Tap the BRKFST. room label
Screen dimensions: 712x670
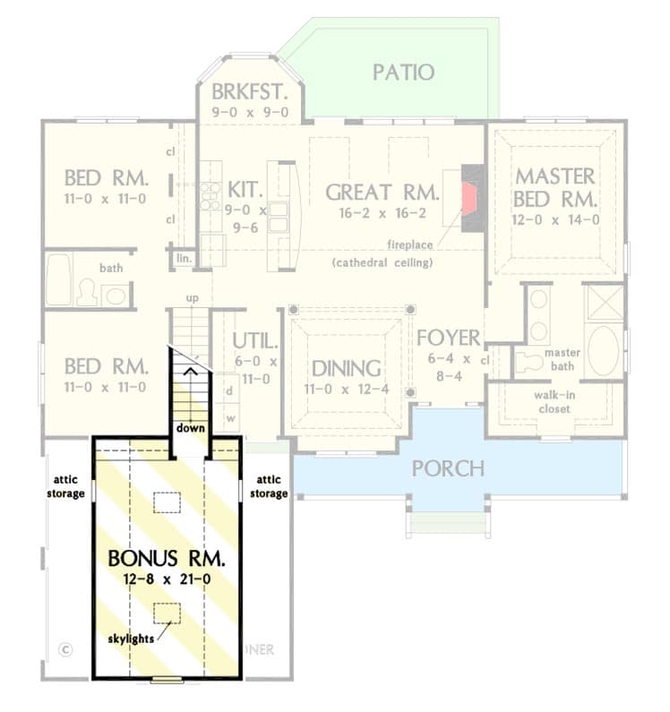[x=250, y=92]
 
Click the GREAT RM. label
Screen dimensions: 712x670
[x=382, y=192]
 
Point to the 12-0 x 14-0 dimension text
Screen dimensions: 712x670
[x=555, y=219]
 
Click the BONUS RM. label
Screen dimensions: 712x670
[x=167, y=558]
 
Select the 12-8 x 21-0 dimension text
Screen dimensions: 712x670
[x=167, y=579]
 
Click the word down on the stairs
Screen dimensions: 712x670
[x=190, y=428]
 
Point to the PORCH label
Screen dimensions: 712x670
[x=448, y=468]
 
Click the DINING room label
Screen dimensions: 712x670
[x=346, y=369]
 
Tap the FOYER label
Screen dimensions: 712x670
[x=449, y=339]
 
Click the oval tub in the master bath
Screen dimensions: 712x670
[x=603, y=350]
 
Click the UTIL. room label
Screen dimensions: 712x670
[x=255, y=341]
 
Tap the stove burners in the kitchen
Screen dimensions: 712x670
[x=210, y=194]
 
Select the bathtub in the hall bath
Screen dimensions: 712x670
[x=58, y=279]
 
